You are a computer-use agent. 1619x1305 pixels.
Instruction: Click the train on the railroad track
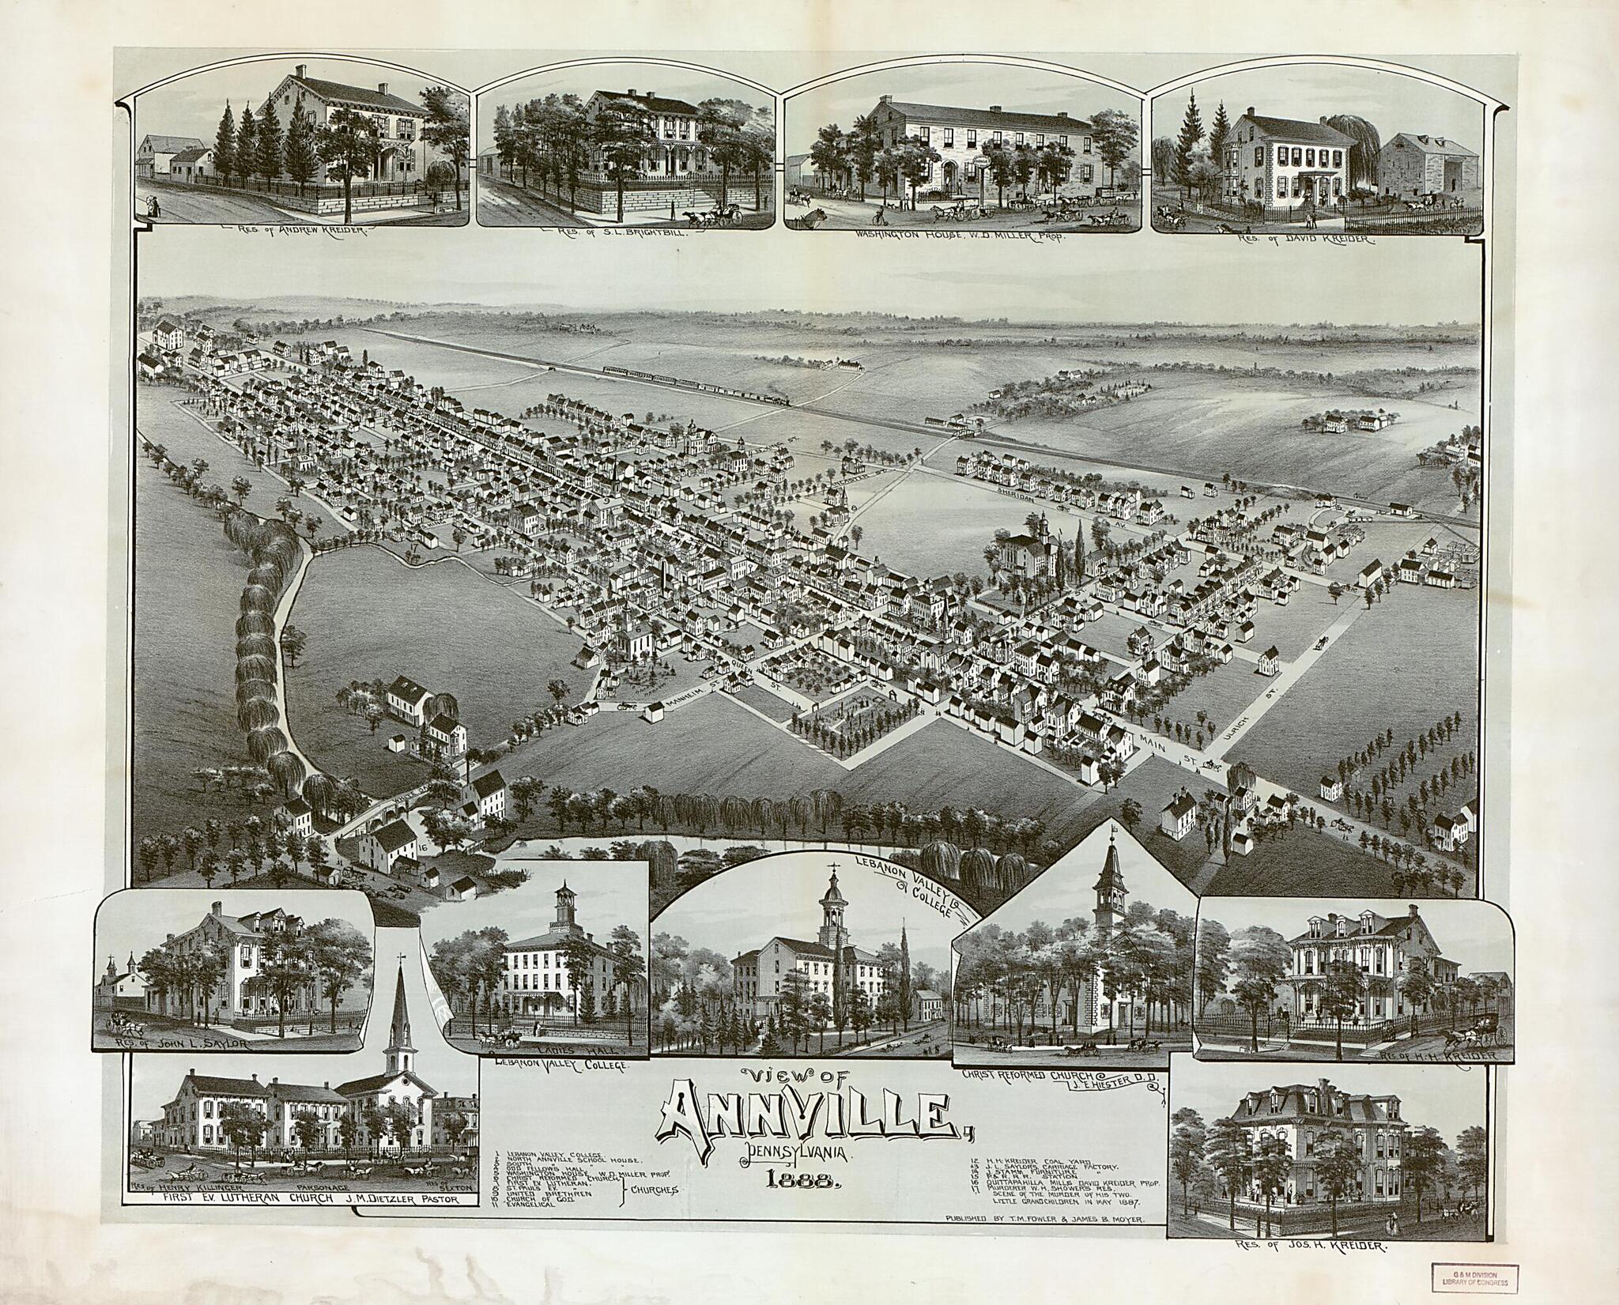(696, 386)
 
